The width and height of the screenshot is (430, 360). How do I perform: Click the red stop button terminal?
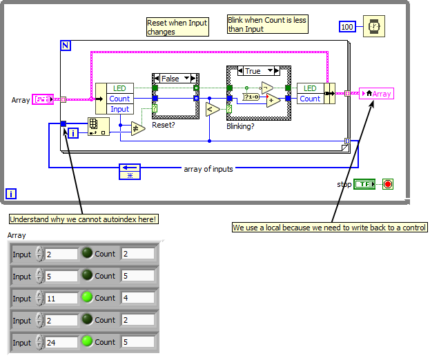[x=387, y=184]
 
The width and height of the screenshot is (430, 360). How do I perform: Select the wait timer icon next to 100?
[x=374, y=26]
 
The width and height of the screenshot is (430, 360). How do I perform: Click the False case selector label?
[x=170, y=79]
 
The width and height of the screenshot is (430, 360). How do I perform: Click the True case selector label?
[x=253, y=71]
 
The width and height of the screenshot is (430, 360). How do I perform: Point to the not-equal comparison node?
[x=138, y=128]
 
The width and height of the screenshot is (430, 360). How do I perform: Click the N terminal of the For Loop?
[x=66, y=46]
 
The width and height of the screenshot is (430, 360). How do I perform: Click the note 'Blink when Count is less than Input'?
[x=267, y=24]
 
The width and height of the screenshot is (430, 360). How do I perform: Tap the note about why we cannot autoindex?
[x=84, y=219]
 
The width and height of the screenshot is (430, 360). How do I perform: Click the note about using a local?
[x=330, y=228]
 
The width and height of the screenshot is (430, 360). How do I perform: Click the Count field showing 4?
[x=137, y=298]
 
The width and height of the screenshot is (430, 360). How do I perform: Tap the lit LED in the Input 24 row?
[x=86, y=342]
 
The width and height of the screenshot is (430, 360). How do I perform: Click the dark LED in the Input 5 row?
[x=86, y=276]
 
